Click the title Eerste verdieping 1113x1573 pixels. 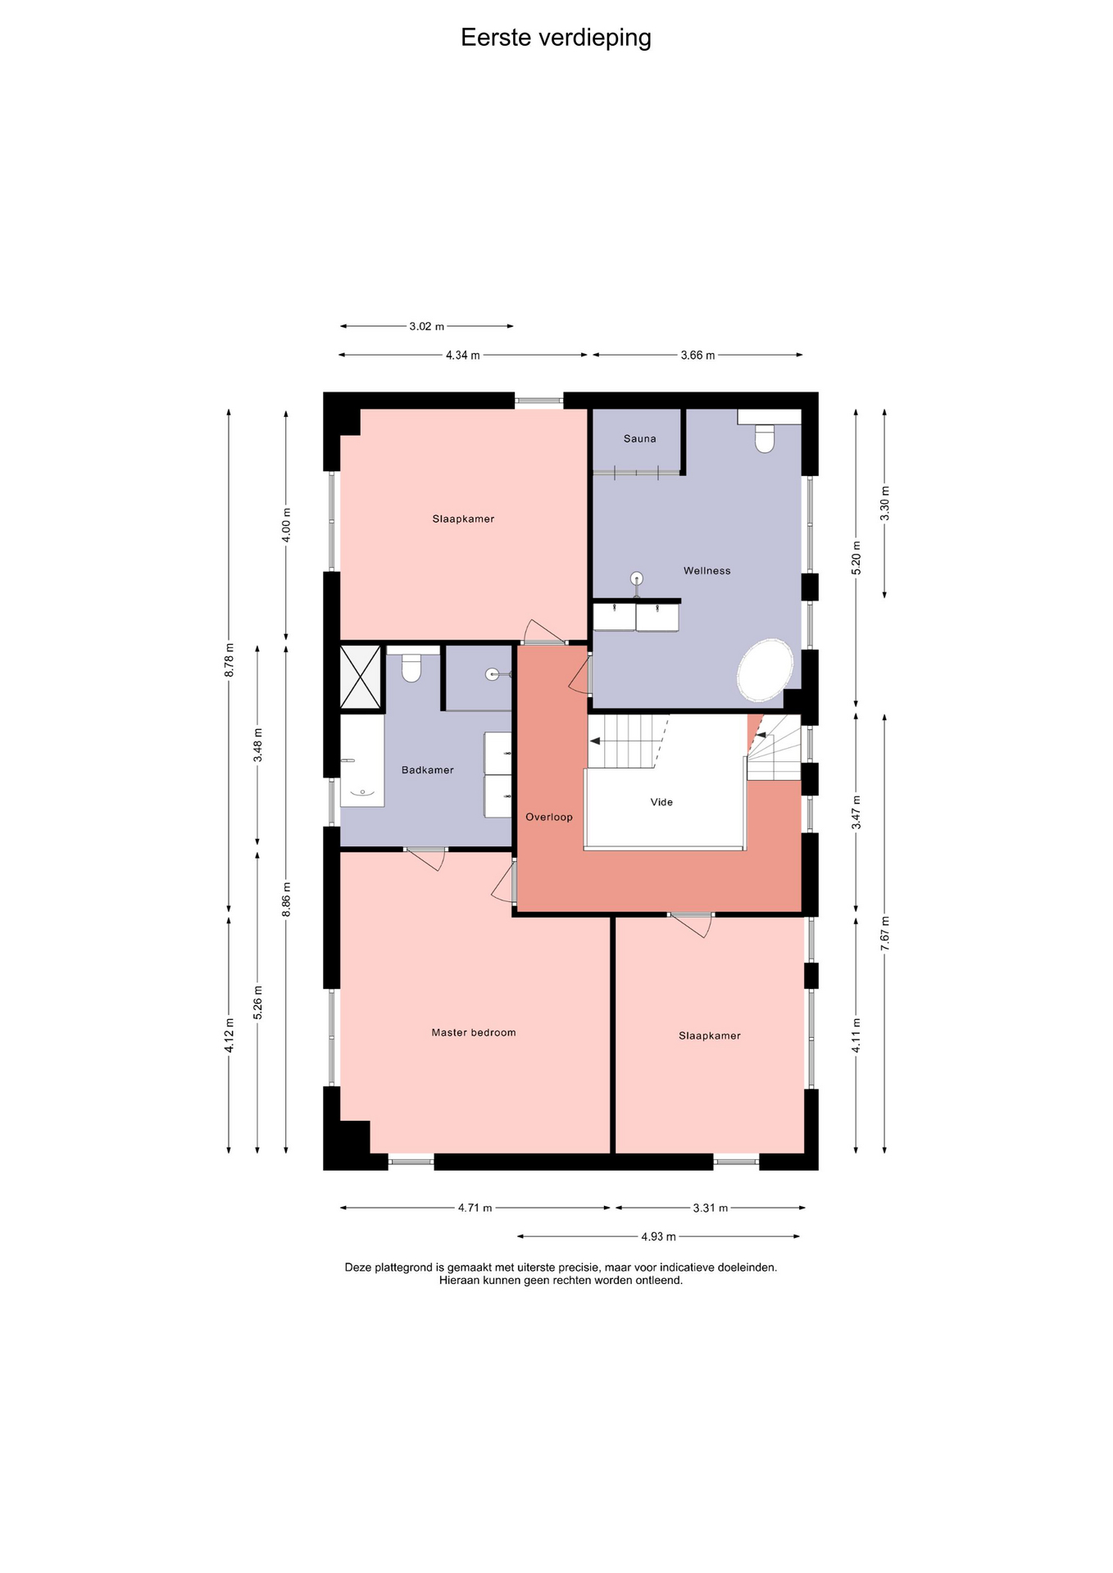point(556,38)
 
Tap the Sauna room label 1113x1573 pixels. point(639,439)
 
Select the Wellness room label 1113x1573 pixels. point(706,571)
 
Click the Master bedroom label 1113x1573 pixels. point(474,1033)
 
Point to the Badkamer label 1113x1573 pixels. point(427,770)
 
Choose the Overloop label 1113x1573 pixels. point(549,817)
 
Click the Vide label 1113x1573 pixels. point(661,802)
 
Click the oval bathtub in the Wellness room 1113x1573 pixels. point(765,670)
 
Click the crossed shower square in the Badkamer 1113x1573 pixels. point(361,677)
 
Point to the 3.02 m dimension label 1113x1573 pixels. point(426,327)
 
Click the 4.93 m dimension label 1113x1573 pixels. point(658,1236)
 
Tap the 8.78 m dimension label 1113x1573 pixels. point(229,660)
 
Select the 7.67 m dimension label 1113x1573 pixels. point(884,933)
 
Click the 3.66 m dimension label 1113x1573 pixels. point(697,356)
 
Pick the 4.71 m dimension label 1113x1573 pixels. point(475,1208)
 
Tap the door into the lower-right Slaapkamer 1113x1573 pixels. point(690,924)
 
